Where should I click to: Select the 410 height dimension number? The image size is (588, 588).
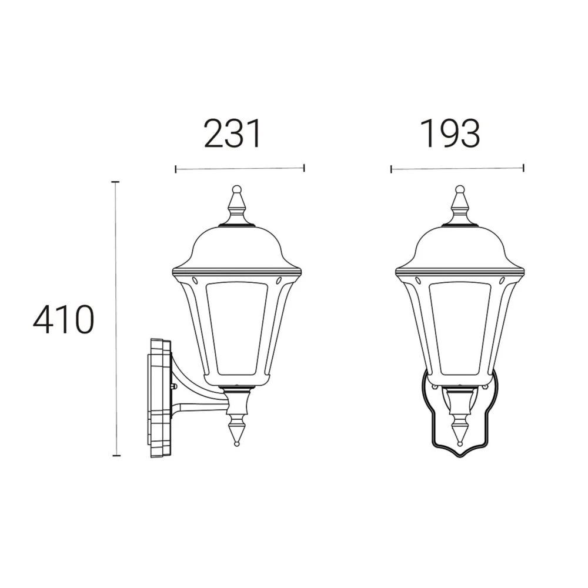coord(63,320)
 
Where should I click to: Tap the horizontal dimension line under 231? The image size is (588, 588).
coord(239,169)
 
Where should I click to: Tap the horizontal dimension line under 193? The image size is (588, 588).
coord(457,169)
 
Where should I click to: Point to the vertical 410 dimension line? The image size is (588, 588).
coord(116,318)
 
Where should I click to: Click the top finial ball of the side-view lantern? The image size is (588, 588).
coord(237,189)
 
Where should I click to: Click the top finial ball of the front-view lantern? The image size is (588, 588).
coord(460,189)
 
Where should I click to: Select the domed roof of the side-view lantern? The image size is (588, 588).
coord(237,247)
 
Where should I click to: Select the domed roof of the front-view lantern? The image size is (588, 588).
coord(460,247)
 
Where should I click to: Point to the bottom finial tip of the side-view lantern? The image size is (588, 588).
coord(237,442)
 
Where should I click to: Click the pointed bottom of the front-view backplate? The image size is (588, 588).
coord(460,456)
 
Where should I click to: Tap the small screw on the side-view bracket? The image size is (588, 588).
coord(173,386)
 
